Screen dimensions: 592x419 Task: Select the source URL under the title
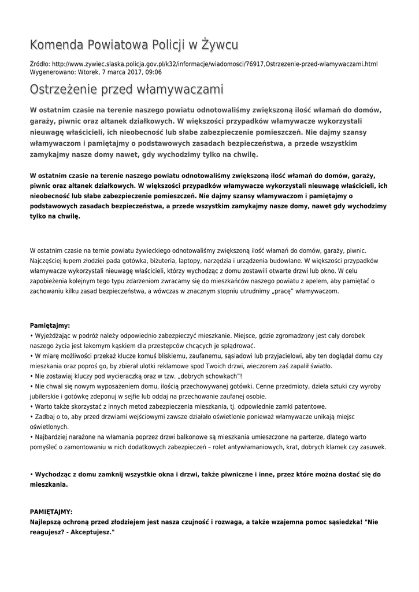pyautogui.click(x=214, y=64)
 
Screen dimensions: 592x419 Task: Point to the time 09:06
pyautogui.click(x=153, y=72)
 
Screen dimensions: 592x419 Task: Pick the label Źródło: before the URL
pyautogui.click(x=39, y=64)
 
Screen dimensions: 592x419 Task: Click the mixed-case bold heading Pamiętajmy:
pyautogui.click(x=50, y=325)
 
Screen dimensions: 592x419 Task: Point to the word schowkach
pyautogui.click(x=210, y=376)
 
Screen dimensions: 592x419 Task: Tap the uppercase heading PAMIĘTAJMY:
pyautogui.click(x=51, y=512)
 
